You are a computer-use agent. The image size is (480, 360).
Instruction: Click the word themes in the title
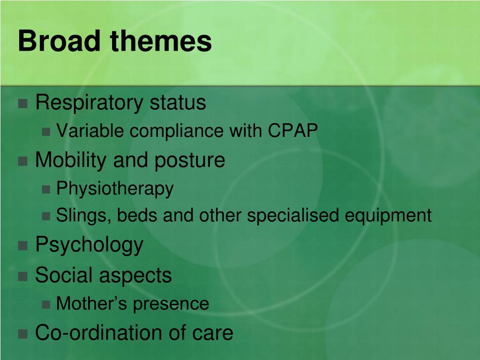point(161,41)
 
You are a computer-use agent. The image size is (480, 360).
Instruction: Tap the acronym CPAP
point(293,131)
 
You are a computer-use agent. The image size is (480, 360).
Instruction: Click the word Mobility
point(71,160)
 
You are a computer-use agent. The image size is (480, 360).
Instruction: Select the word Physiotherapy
point(115,189)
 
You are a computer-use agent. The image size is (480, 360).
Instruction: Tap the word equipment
point(388,216)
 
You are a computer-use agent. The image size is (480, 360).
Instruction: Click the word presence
point(171,304)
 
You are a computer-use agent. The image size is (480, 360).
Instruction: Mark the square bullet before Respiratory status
point(22,104)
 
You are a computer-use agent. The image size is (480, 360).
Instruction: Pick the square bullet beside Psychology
point(22,246)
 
